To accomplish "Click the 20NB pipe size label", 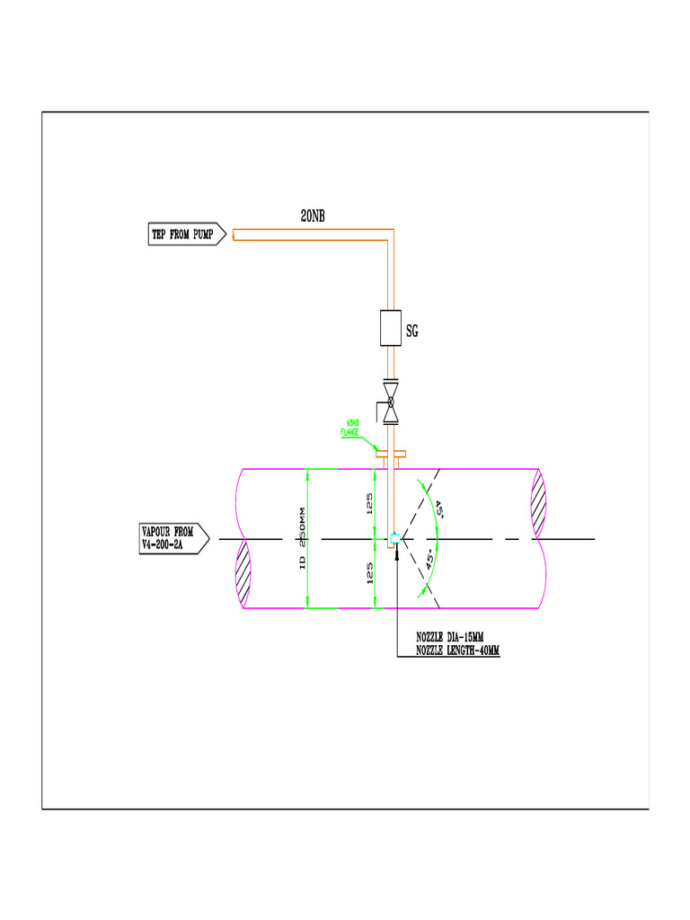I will pyautogui.click(x=313, y=216).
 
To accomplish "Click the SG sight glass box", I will pyautogui.click(x=390, y=328).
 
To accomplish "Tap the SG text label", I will pyautogui.click(x=412, y=332).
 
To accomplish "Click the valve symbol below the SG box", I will pyautogui.click(x=391, y=402).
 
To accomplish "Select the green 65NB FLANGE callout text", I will pyautogui.click(x=350, y=428).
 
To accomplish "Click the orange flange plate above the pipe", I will pyautogui.click(x=391, y=454).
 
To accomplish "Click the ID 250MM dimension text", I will pyautogui.click(x=303, y=539).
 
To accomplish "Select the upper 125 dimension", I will pyautogui.click(x=369, y=504).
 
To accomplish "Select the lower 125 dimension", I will pyautogui.click(x=369, y=573).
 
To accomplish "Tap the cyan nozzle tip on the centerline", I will pyautogui.click(x=394, y=539).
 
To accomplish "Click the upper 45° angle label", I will pyautogui.click(x=440, y=509).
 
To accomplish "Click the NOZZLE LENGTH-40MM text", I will pyautogui.click(x=457, y=650).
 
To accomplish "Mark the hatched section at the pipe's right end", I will pyautogui.click(x=538, y=505).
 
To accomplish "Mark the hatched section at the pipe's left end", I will pyautogui.click(x=243, y=575).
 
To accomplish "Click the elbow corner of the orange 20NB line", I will pyautogui.click(x=391, y=235).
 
